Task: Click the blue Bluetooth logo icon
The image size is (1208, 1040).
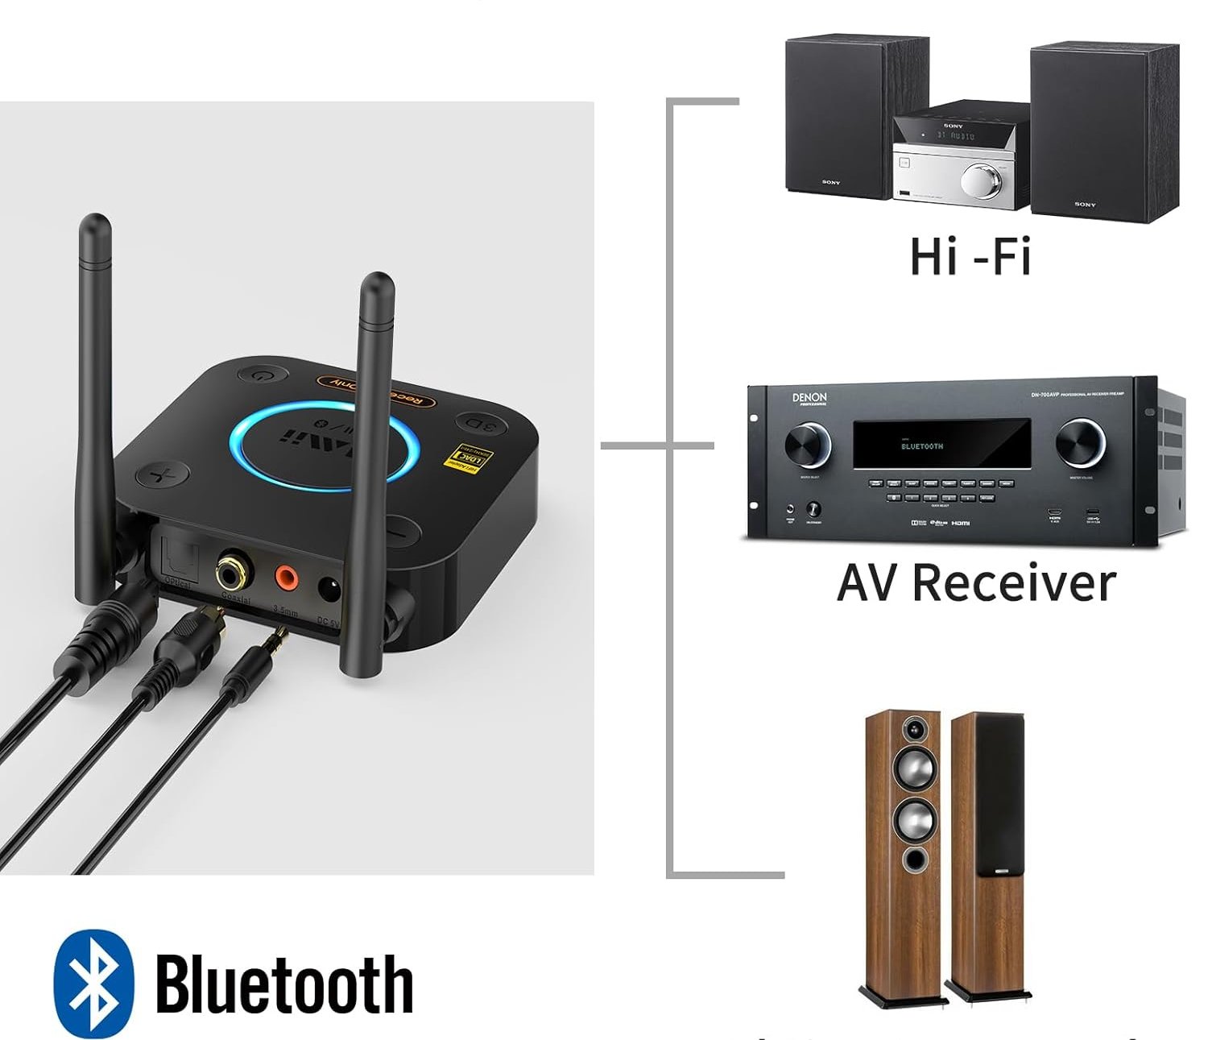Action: point(93,983)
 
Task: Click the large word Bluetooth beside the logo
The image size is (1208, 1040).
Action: point(283,984)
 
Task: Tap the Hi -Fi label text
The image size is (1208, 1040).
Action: point(970,255)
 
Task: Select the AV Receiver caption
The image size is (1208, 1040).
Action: point(976,582)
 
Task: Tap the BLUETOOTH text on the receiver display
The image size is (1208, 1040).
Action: point(921,445)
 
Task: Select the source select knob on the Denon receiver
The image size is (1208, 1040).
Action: point(807,444)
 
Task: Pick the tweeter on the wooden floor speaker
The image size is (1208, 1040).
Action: point(913,731)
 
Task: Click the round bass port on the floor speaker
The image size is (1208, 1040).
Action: point(913,859)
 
